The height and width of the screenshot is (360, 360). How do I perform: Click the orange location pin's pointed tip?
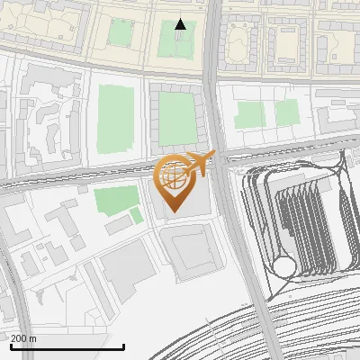tap(172, 211)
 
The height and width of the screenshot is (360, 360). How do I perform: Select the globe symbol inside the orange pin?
tap(171, 175)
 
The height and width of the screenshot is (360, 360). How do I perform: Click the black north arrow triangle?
tap(181, 24)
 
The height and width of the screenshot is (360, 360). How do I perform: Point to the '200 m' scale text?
tap(24, 338)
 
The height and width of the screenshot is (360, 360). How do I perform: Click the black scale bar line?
tap(67, 346)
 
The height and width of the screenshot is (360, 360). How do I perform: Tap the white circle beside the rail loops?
tap(285, 266)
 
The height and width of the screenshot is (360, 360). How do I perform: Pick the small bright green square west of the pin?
tap(136, 215)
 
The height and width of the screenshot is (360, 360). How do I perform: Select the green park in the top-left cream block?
tap(121, 32)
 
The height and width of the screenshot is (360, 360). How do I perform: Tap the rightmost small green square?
tap(287, 112)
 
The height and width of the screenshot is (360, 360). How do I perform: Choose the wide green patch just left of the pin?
tap(112, 200)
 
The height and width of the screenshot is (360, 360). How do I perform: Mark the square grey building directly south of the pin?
tap(189, 249)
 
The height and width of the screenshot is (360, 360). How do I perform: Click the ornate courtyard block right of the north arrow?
tap(237, 40)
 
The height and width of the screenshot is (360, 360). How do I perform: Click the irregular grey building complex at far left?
tap(45, 112)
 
